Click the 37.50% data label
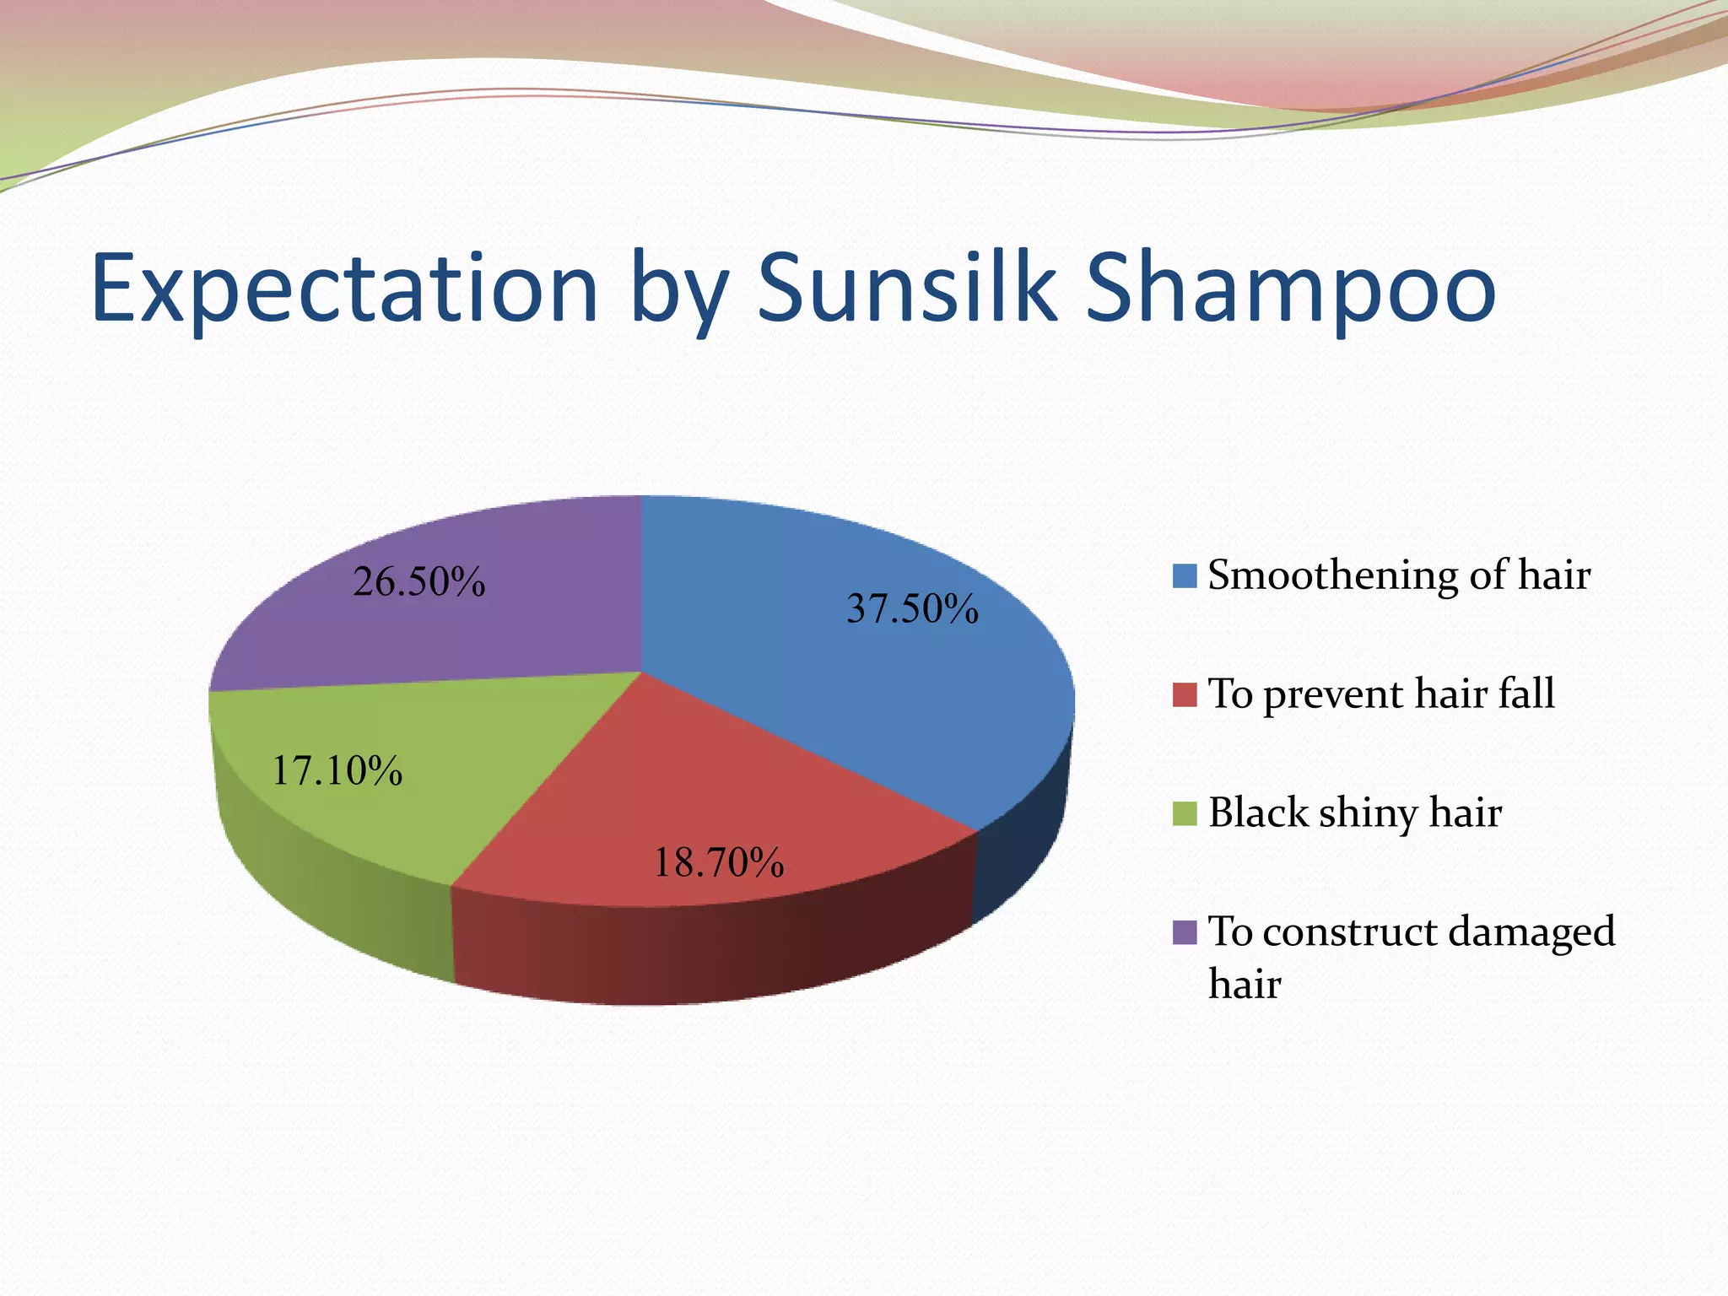point(912,608)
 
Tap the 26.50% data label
point(418,581)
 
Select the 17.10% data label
point(337,770)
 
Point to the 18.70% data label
point(719,862)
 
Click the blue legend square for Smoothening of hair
point(1185,576)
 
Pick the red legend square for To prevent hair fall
point(1185,695)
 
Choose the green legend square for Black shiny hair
point(1185,813)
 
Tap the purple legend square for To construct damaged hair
point(1185,932)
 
